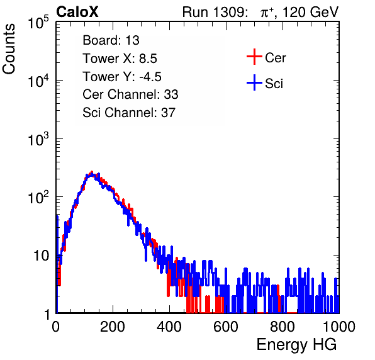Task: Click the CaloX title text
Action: [77, 12]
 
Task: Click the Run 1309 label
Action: [215, 12]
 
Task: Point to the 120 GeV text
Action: [311, 12]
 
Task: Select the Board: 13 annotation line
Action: [111, 40]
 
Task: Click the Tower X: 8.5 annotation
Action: [120, 59]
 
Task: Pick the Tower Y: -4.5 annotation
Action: [122, 77]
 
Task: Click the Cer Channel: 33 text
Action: [130, 94]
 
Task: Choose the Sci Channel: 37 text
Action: [129, 113]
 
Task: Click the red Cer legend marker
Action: [254, 57]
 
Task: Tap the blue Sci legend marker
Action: [254, 82]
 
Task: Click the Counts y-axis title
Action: [9, 49]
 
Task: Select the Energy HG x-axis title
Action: [297, 345]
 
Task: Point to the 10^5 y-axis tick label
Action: [38, 23]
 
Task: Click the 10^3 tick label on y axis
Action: [38, 139]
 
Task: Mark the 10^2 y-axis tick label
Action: [38, 198]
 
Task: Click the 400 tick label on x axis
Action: [169, 327]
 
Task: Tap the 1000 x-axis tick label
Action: [339, 327]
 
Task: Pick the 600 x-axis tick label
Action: [226, 327]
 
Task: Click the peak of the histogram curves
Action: [92, 173]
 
